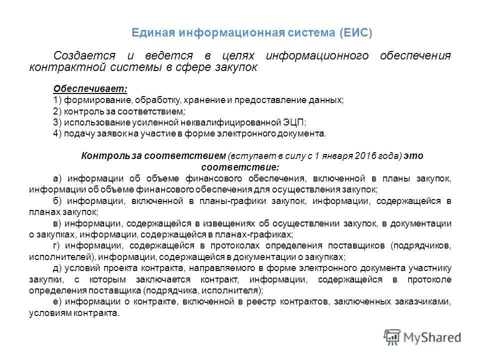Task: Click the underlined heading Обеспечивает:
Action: click(90, 89)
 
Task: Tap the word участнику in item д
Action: click(430, 268)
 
